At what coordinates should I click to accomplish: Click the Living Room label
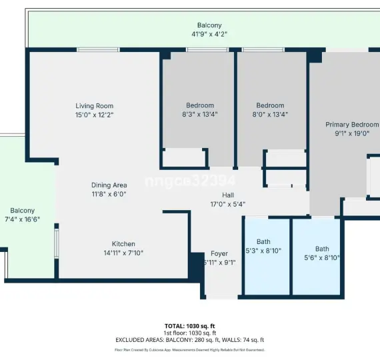(x=94, y=106)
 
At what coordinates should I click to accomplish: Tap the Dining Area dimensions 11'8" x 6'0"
(x=109, y=194)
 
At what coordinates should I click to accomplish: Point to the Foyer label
(x=219, y=253)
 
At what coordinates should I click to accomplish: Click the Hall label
(x=209, y=195)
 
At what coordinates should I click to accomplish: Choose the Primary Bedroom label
(x=351, y=125)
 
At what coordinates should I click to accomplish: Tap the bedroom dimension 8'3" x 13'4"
(x=200, y=114)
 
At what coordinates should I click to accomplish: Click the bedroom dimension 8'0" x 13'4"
(x=270, y=114)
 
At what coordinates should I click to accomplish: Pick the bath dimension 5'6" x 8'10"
(x=322, y=257)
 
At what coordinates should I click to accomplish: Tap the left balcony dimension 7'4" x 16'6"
(x=22, y=219)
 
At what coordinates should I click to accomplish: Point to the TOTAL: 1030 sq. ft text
(x=189, y=326)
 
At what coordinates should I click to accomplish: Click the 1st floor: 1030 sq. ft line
(x=189, y=333)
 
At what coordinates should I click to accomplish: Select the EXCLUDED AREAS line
(x=189, y=340)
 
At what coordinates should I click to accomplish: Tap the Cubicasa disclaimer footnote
(x=189, y=349)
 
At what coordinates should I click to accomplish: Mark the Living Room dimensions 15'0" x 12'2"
(x=94, y=115)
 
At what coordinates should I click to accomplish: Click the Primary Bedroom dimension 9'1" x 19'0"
(x=351, y=133)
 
